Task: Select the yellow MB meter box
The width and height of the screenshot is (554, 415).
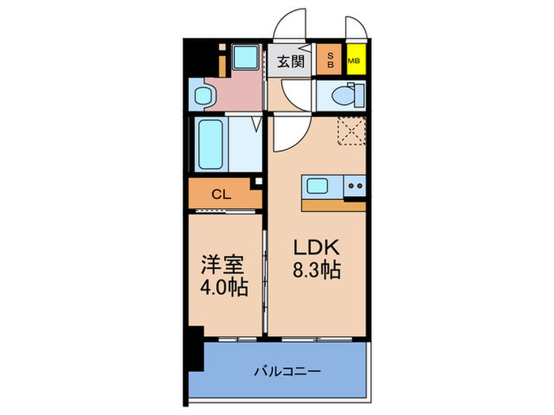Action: [x=354, y=59]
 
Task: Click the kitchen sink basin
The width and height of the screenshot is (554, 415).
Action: [x=318, y=187]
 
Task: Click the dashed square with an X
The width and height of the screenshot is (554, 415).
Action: [x=349, y=130]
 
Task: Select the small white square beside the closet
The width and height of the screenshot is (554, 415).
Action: [x=255, y=183]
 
